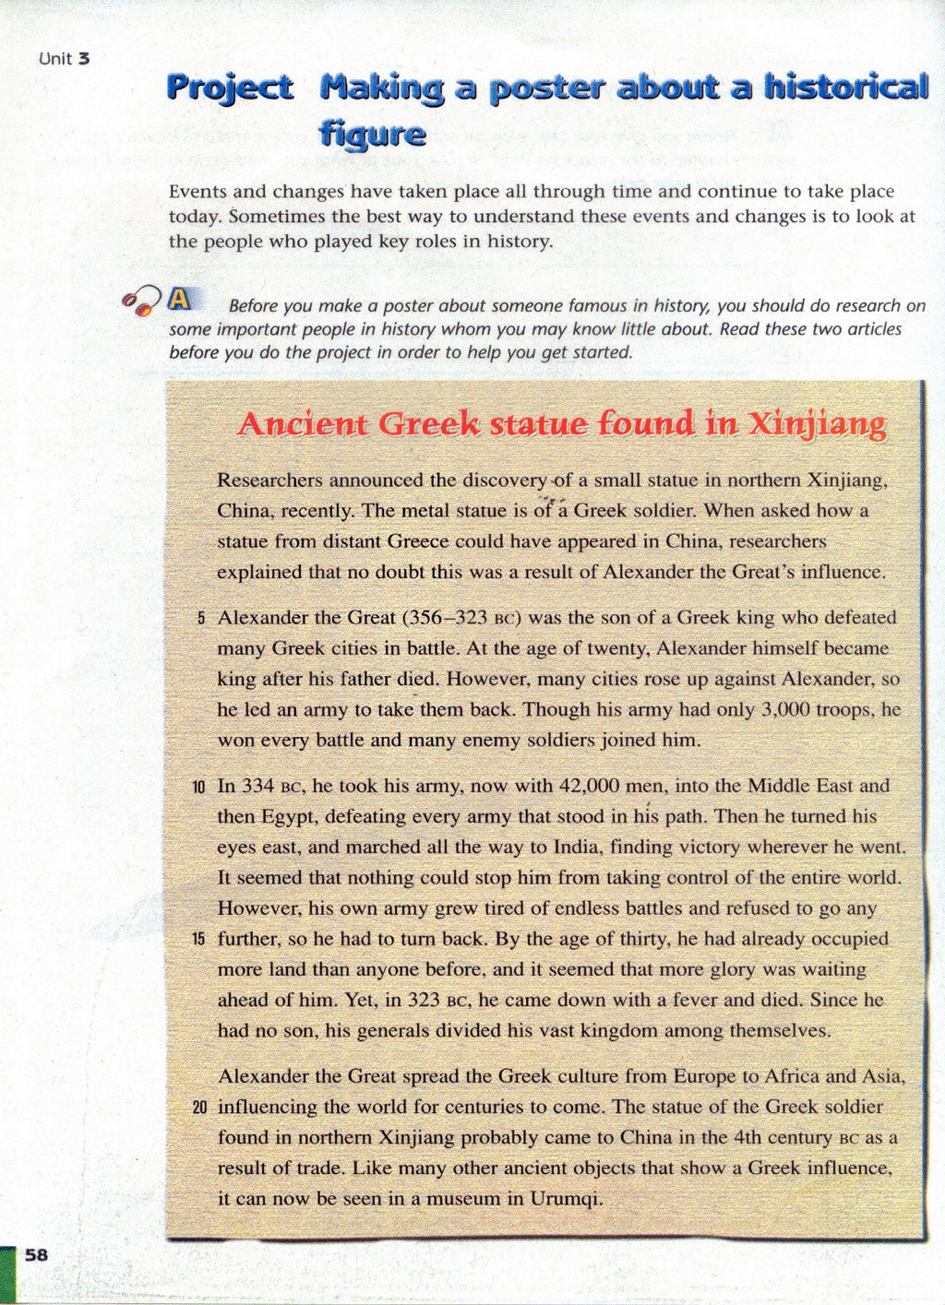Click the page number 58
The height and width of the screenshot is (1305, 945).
pyautogui.click(x=36, y=1254)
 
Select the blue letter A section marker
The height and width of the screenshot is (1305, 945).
pyautogui.click(x=180, y=299)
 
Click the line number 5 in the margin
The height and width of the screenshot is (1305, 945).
pyautogui.click(x=201, y=618)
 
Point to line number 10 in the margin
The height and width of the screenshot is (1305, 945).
pyautogui.click(x=199, y=788)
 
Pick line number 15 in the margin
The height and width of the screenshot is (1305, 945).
pyautogui.click(x=199, y=940)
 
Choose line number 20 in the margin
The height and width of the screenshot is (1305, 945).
pyautogui.click(x=199, y=1108)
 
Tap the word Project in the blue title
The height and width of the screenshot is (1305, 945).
pyautogui.click(x=230, y=88)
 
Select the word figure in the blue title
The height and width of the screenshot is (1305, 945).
pyautogui.click(x=372, y=135)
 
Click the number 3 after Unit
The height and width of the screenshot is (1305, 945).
pyautogui.click(x=83, y=59)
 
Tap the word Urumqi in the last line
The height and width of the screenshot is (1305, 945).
pyautogui.click(x=566, y=1198)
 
